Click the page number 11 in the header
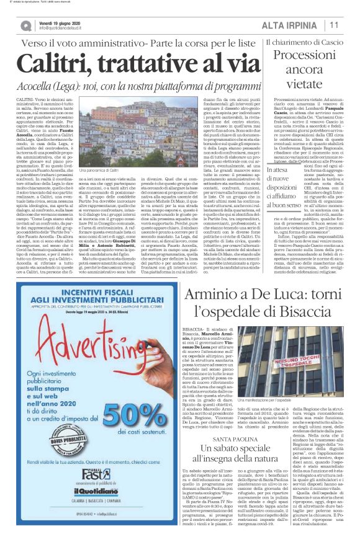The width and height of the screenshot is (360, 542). (334, 25)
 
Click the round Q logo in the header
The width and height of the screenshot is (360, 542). (25, 25)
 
